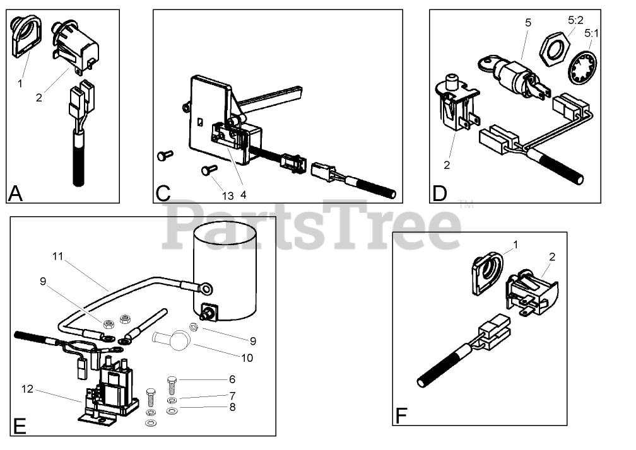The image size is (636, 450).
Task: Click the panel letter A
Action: [x=16, y=193]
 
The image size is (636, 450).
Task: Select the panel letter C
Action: [x=163, y=193]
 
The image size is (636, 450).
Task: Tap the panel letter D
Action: [x=440, y=193]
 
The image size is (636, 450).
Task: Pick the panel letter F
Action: [x=401, y=416]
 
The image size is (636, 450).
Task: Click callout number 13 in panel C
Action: [x=227, y=195]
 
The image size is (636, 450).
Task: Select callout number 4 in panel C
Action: [x=243, y=195]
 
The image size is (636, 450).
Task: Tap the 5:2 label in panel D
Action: [x=574, y=20]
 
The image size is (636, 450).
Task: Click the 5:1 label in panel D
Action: [x=592, y=32]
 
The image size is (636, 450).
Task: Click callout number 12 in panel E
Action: [x=27, y=389]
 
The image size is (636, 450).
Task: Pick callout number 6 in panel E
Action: [x=232, y=379]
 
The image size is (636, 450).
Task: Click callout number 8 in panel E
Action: [x=232, y=407]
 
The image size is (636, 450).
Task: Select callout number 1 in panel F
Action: [x=515, y=243]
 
